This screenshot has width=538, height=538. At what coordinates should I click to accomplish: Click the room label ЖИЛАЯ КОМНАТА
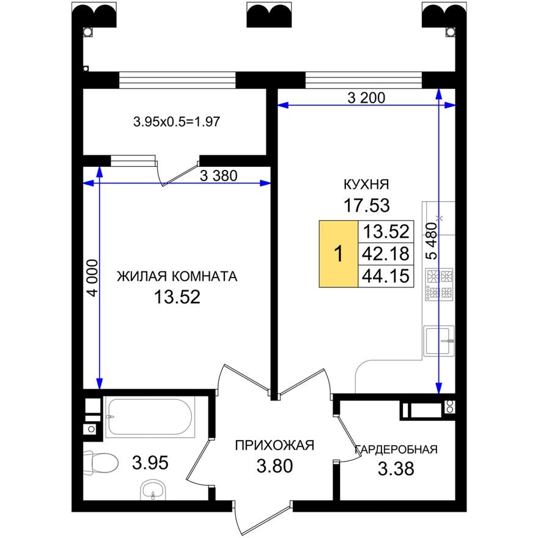(x=177, y=276)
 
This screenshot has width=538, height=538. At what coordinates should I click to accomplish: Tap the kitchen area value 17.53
(x=366, y=205)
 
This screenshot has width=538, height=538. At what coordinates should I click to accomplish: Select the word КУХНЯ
(x=366, y=184)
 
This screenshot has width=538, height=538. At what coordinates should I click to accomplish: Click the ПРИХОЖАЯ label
(x=275, y=445)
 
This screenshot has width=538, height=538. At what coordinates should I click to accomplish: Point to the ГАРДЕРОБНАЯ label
(x=396, y=450)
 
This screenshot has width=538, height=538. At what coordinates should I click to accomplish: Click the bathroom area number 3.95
(x=150, y=462)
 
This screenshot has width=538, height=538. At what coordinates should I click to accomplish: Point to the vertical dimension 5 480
(x=431, y=241)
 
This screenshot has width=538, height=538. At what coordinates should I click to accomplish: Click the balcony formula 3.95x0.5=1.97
(x=176, y=122)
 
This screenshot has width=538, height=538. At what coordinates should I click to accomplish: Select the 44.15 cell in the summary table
(x=386, y=276)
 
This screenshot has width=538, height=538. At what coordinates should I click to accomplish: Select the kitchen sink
(x=438, y=339)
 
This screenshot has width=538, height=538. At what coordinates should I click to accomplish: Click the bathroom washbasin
(x=153, y=490)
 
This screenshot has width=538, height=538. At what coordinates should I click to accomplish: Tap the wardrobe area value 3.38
(x=396, y=470)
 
